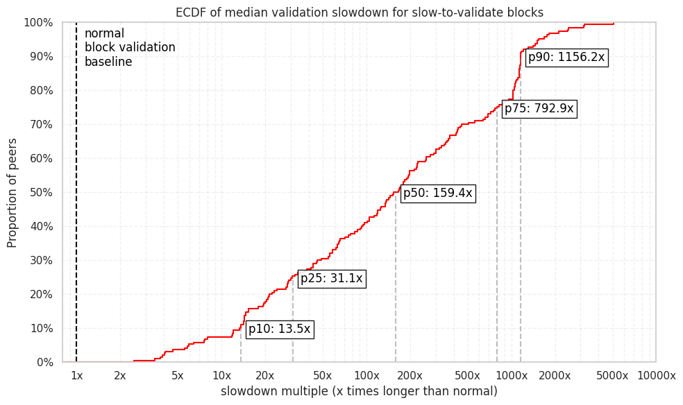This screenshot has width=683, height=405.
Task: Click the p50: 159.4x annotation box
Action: point(437,193)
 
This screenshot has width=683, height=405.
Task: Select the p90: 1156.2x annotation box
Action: point(566,58)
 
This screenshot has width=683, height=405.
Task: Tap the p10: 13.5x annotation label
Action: point(279,329)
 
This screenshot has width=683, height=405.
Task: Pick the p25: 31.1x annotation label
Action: point(331,279)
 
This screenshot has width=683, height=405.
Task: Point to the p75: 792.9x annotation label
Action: point(539,109)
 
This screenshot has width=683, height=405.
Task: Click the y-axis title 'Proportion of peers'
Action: point(12,192)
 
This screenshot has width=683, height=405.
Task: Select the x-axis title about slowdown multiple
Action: point(359,392)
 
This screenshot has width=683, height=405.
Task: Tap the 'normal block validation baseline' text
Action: point(129,48)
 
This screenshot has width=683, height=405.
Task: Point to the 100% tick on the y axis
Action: point(38,23)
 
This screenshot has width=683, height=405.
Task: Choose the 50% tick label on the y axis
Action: point(41,193)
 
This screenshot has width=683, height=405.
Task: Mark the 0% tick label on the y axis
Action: point(44,362)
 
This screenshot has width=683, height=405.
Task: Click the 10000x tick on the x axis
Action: point(656,376)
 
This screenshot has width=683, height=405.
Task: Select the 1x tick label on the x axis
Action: point(76,376)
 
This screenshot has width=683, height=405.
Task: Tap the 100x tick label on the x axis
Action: point(366,376)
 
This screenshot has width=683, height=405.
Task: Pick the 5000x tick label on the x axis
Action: point(612,376)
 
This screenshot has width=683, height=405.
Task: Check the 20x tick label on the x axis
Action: point(265,376)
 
